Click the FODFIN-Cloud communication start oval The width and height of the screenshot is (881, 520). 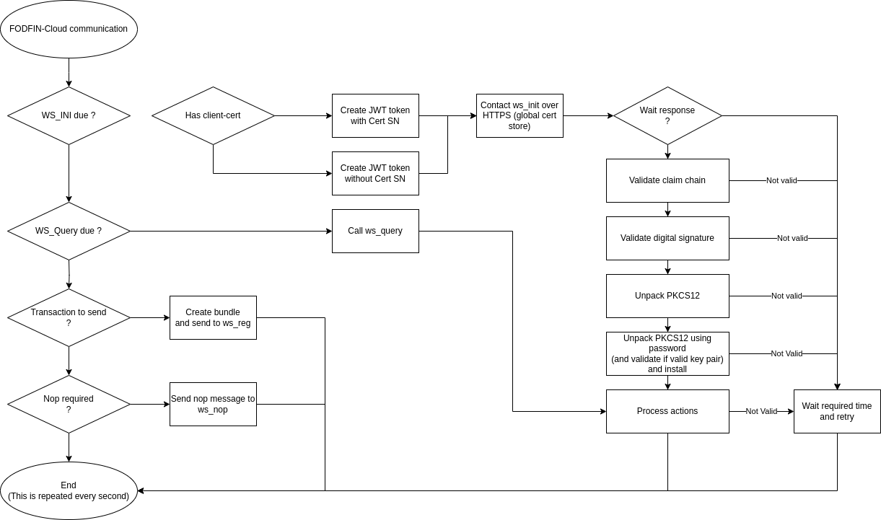point(69,30)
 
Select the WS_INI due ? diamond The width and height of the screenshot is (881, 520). point(69,115)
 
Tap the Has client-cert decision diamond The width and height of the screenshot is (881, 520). point(213,115)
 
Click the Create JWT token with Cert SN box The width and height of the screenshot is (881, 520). point(375,115)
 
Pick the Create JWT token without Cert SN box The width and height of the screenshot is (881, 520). point(375,173)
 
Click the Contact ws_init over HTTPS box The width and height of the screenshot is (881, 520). point(520,115)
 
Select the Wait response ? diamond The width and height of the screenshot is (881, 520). point(667,115)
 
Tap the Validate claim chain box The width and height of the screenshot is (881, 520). point(667,180)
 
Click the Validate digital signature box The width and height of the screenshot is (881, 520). point(667,238)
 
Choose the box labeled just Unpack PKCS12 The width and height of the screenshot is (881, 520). point(667,296)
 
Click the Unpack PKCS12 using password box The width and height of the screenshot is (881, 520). point(667,353)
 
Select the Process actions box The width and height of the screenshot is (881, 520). point(667,411)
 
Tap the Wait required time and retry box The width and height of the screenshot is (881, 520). point(837,411)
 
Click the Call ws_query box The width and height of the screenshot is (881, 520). point(375,231)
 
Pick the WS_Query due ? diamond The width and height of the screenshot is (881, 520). point(69,231)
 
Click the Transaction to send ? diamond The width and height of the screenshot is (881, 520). point(69,317)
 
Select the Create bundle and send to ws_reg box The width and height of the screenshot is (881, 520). point(213,317)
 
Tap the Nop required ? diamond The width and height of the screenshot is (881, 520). point(69,404)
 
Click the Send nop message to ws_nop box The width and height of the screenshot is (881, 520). point(213,404)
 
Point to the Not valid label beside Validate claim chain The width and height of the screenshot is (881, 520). point(781,180)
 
